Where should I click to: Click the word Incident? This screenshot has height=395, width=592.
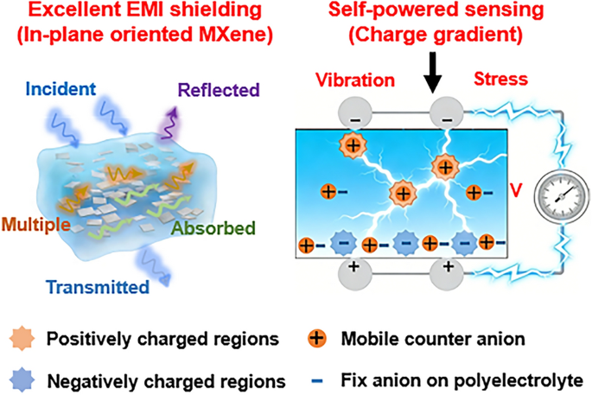[x=60, y=89]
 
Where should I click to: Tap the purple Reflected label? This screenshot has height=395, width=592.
[x=219, y=90]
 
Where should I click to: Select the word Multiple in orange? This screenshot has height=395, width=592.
[x=36, y=225]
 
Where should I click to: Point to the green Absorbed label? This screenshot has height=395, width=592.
[x=213, y=228]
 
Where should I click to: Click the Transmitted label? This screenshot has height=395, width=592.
[x=98, y=287]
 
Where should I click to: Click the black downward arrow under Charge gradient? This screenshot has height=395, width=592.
[x=433, y=73]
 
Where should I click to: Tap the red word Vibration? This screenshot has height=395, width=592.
[x=355, y=80]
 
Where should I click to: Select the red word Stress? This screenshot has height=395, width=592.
[x=500, y=79]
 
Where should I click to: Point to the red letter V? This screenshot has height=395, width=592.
[x=516, y=191]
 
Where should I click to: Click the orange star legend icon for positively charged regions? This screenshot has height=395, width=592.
[x=22, y=338]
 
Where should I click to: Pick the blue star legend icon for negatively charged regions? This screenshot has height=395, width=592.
[x=22, y=380]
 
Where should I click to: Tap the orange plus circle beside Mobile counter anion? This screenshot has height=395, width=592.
[x=317, y=338]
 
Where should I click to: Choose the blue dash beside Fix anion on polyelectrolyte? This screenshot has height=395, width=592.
[x=317, y=381]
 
